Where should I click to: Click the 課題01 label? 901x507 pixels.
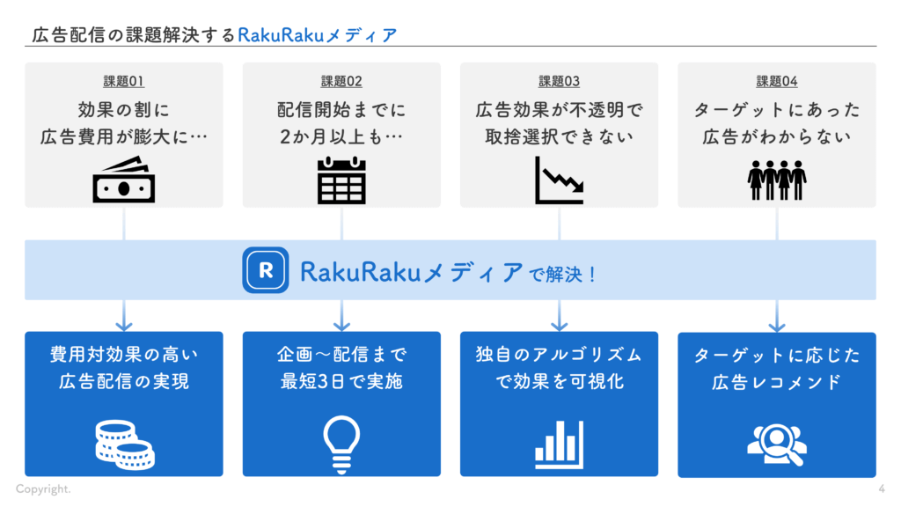(123, 82)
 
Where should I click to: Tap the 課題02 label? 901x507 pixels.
(341, 82)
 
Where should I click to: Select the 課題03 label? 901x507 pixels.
(559, 82)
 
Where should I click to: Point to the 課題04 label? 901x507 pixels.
(777, 82)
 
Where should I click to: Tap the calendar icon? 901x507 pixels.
(341, 180)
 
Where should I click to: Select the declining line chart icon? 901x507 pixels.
(559, 180)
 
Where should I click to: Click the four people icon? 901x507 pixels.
(777, 180)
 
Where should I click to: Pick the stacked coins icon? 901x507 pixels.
(124, 444)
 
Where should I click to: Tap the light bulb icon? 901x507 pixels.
(341, 444)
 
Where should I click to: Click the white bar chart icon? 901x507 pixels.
(559, 445)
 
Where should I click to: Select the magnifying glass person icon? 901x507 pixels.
(777, 444)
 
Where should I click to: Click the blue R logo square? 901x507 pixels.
(265, 270)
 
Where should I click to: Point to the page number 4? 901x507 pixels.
(882, 489)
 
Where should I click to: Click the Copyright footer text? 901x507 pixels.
(43, 489)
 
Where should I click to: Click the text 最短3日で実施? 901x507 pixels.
(341, 382)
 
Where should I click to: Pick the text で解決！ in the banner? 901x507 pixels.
(563, 275)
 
